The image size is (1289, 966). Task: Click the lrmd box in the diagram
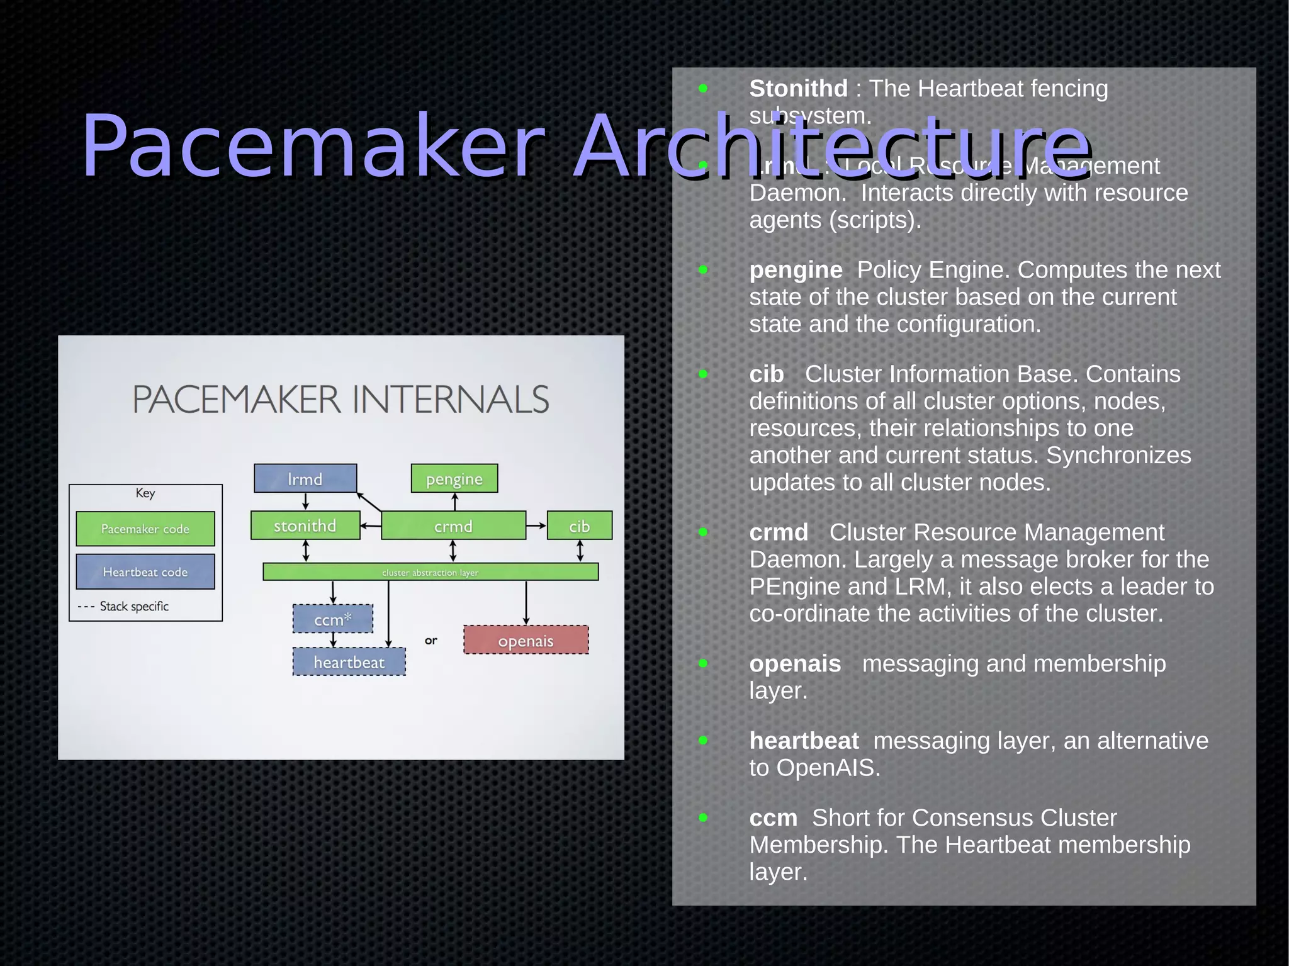(x=305, y=478)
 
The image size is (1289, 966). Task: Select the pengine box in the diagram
(x=454, y=478)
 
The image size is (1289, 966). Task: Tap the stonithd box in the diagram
(x=305, y=525)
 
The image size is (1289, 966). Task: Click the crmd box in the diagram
(x=453, y=525)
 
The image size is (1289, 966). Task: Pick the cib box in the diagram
(x=580, y=525)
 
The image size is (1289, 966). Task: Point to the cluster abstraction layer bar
(x=431, y=572)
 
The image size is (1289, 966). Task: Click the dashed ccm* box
(x=333, y=619)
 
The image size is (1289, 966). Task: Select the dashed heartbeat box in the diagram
(x=349, y=662)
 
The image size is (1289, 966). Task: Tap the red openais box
(x=526, y=640)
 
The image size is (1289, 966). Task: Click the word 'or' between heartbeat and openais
(x=431, y=641)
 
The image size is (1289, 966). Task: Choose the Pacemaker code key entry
(x=145, y=529)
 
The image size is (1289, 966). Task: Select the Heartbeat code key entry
(x=145, y=571)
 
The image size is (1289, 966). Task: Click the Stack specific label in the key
(x=134, y=606)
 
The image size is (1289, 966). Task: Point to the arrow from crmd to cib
(x=536, y=525)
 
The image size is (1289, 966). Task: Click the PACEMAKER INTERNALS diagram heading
(x=341, y=399)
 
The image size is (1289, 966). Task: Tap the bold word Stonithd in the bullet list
(x=798, y=89)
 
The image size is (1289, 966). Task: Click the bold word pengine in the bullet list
(x=796, y=270)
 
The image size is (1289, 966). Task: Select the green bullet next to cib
(x=703, y=374)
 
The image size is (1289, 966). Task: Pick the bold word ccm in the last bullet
(x=773, y=818)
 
